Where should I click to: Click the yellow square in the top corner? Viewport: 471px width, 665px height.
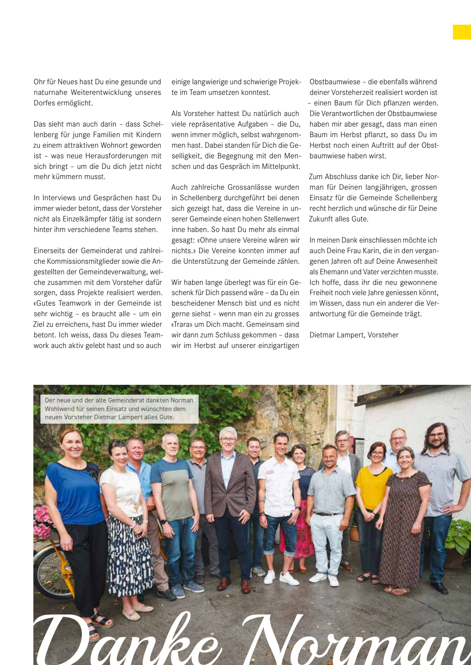[x=462, y=32]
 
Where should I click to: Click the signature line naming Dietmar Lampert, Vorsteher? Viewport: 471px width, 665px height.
[x=354, y=335]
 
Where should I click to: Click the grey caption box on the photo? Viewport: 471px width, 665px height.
[x=119, y=409]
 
